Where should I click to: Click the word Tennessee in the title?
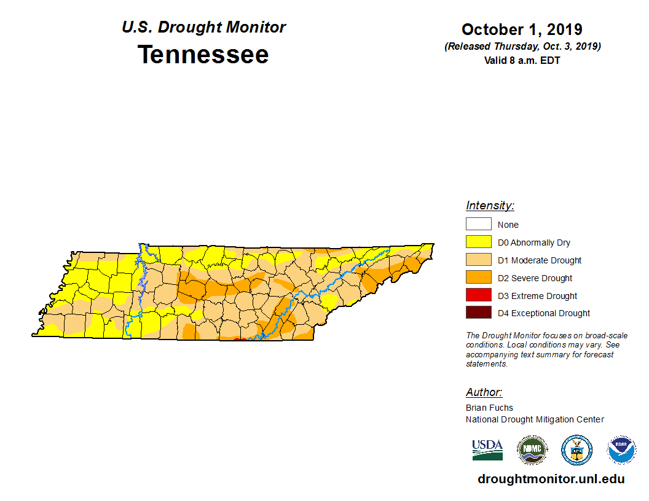pyautogui.click(x=203, y=55)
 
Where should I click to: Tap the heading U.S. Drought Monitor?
pyautogui.click(x=203, y=28)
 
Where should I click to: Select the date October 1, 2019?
pyautogui.click(x=522, y=29)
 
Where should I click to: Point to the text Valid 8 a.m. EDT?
pyautogui.click(x=522, y=60)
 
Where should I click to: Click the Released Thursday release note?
pyautogui.click(x=522, y=47)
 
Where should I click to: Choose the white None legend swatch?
pyautogui.click(x=478, y=225)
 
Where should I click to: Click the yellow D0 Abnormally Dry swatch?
pyautogui.click(x=478, y=243)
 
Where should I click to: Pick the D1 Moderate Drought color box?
pyautogui.click(x=478, y=260)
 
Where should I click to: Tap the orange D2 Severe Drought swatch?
pyautogui.click(x=478, y=278)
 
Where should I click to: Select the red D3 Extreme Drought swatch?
pyautogui.click(x=478, y=295)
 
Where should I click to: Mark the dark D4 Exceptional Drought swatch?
pyautogui.click(x=478, y=313)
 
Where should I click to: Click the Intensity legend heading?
pyautogui.click(x=490, y=206)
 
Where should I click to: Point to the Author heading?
pyautogui.click(x=484, y=392)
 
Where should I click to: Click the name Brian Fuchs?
pyautogui.click(x=489, y=408)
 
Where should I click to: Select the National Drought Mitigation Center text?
pyautogui.click(x=535, y=419)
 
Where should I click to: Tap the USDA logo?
pyautogui.click(x=487, y=449)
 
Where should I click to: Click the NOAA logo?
pyautogui.click(x=621, y=449)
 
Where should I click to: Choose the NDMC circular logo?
pyautogui.click(x=532, y=449)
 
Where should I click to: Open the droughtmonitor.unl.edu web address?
pyautogui.click(x=551, y=479)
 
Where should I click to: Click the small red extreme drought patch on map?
pyautogui.click(x=240, y=338)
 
